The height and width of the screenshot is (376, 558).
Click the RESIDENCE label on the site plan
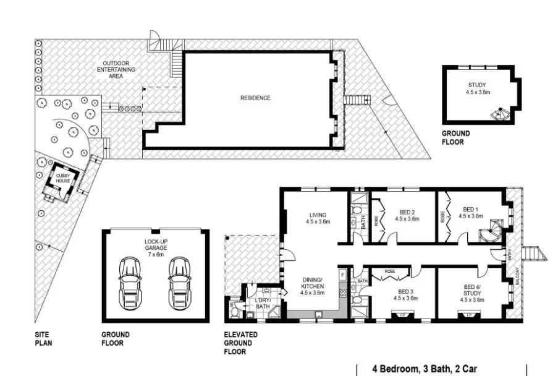tap(255, 98)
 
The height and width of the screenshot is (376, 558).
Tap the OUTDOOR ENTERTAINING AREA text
tap(119, 70)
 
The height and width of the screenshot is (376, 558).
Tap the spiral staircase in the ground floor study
tap(498, 114)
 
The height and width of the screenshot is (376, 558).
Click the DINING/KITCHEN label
tap(312, 289)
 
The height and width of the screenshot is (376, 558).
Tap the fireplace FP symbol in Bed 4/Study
tap(469, 315)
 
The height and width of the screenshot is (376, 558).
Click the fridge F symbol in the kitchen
tap(341, 273)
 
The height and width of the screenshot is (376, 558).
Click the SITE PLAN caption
tap(43, 338)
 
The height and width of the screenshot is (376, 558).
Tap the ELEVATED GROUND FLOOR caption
tap(240, 343)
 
